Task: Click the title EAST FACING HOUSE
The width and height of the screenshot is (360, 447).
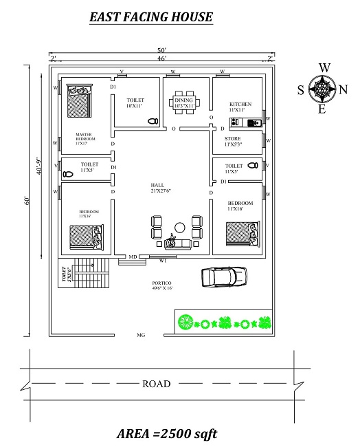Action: pyautogui.click(x=151, y=17)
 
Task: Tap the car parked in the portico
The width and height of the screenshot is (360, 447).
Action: pyautogui.click(x=218, y=276)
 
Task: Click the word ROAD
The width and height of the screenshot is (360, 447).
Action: pyautogui.click(x=156, y=384)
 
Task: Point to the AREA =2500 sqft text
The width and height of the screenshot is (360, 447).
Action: pyautogui.click(x=167, y=434)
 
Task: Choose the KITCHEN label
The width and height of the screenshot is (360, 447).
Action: pyautogui.click(x=240, y=105)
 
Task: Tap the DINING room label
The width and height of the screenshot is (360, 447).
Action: pyautogui.click(x=183, y=101)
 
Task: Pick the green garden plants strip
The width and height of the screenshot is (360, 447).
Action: pyautogui.click(x=223, y=322)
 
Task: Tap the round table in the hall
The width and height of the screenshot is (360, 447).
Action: pyautogui.click(x=180, y=227)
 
